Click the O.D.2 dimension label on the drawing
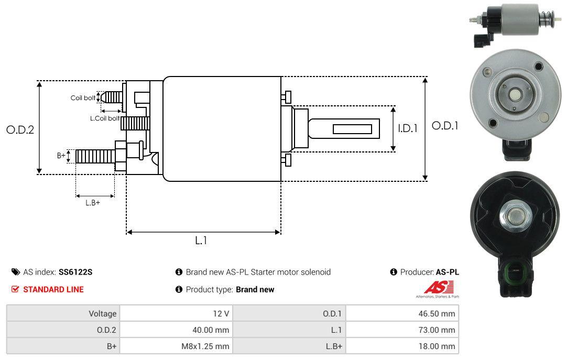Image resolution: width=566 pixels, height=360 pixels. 20,129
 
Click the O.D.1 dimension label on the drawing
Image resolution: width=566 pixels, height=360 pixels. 445,126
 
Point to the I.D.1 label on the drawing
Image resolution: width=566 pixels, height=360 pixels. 408,128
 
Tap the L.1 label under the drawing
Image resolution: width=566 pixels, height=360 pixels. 201,241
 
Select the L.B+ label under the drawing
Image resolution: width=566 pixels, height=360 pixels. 93,203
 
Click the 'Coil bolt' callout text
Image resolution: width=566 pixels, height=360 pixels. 83,98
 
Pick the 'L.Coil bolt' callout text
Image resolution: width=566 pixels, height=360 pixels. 105,118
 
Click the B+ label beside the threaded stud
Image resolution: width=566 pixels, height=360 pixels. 61,156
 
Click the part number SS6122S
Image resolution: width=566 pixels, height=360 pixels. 75,272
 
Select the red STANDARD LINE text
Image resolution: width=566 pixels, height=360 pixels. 53,290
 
